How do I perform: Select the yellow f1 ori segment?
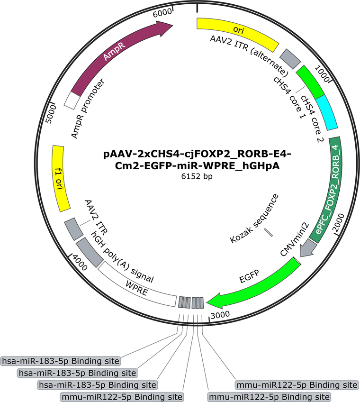(61, 178)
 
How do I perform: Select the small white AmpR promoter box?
(72, 100)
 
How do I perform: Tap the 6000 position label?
(162, 13)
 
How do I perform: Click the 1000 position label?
(322, 73)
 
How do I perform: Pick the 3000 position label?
(220, 315)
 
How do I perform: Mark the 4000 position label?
(80, 262)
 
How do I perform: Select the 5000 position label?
(52, 114)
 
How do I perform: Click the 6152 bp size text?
(197, 176)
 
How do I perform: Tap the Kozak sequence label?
(254, 219)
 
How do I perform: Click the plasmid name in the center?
(197, 160)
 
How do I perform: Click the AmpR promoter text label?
(88, 109)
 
